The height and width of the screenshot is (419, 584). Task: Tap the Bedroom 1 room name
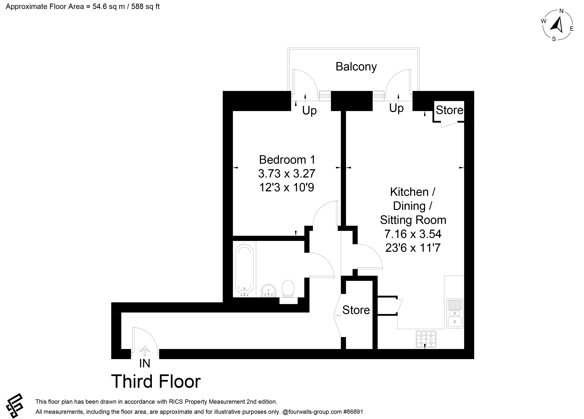click(287, 160)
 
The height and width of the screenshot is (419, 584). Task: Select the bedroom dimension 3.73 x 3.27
click(287, 174)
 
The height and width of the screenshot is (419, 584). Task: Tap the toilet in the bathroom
click(288, 289)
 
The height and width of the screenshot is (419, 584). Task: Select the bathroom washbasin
click(269, 291)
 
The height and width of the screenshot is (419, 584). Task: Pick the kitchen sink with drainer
click(455, 313)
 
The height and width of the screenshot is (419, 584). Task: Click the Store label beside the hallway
click(356, 310)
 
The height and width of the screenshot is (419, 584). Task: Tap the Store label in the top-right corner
click(450, 110)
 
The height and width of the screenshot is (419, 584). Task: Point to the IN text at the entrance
click(145, 364)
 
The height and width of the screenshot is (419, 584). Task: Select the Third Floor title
click(156, 381)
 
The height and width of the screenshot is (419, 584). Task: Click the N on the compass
click(562, 11)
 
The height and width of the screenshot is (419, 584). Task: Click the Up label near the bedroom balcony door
click(309, 111)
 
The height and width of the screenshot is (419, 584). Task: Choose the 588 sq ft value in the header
click(145, 6)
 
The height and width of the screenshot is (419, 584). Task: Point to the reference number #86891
click(353, 412)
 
